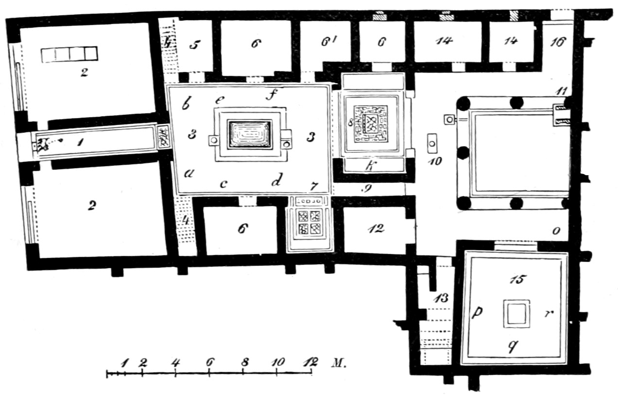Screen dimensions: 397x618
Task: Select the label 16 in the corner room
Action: coord(558,42)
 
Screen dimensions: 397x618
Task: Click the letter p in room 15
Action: coord(477,313)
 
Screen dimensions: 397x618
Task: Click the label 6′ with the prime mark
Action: coord(328,42)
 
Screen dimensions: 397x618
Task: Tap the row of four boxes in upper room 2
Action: coord(69,54)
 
